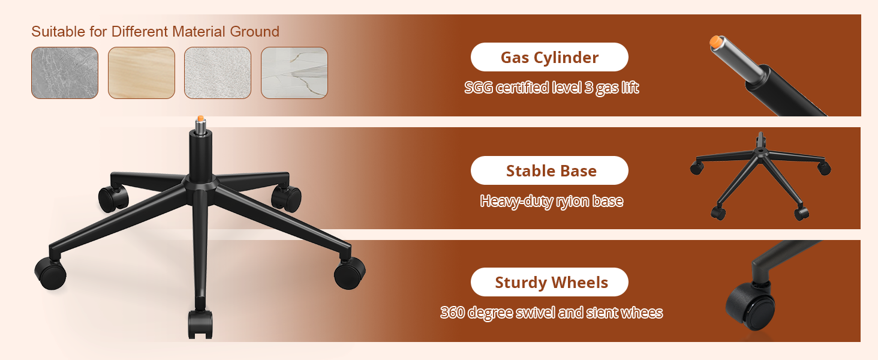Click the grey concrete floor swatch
(65, 73)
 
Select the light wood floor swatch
(142, 73)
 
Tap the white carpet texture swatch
(218, 73)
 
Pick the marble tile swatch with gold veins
(294, 73)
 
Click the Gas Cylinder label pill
(549, 57)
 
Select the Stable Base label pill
(549, 170)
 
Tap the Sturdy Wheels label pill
(549, 283)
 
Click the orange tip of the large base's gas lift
(200, 118)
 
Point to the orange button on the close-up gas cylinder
(715, 41)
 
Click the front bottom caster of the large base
(200, 324)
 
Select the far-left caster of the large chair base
(50, 273)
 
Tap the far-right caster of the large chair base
(350, 273)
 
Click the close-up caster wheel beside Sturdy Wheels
(750, 307)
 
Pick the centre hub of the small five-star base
(760, 151)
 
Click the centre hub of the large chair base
(200, 183)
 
